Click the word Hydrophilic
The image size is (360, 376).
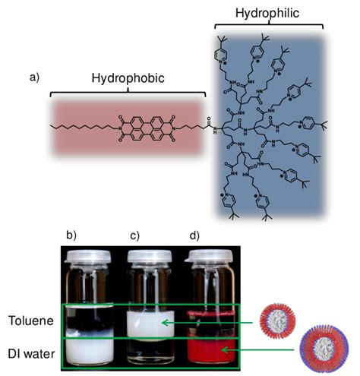(267, 13)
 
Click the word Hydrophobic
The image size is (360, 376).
(128, 78)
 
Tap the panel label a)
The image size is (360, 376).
(35, 77)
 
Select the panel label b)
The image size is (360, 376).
(71, 235)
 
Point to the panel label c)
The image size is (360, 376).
(134, 235)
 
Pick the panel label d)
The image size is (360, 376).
(194, 235)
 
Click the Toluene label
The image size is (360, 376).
(31, 321)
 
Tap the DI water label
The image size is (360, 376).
(31, 354)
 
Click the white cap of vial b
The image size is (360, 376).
(87, 257)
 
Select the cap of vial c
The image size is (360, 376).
(150, 256)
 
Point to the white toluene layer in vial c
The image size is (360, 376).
(150, 324)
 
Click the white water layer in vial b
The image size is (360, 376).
(90, 350)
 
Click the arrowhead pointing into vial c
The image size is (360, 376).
(165, 323)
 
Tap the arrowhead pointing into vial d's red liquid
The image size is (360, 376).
(226, 350)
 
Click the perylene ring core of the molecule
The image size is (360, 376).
(147, 128)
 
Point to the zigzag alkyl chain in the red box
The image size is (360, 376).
(83, 127)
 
